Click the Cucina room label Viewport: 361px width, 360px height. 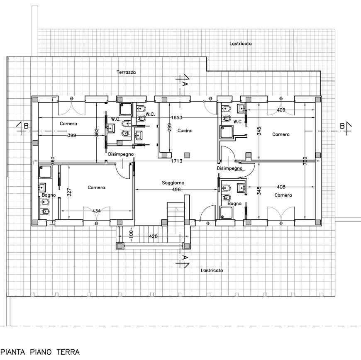pyautogui.click(x=185, y=131)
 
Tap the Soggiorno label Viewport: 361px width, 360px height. pyautogui.click(x=173, y=183)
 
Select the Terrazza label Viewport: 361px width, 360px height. pyautogui.click(x=126, y=72)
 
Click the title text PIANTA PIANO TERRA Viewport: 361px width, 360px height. pyautogui.click(x=40, y=352)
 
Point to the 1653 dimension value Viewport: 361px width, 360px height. pyautogui.click(x=177, y=118)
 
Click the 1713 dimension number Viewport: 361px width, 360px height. pyautogui.click(x=177, y=161)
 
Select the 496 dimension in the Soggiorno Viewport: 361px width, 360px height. pyautogui.click(x=176, y=190)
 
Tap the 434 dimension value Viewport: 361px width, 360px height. pyautogui.click(x=96, y=211)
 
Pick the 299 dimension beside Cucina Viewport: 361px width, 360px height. pyautogui.click(x=169, y=127)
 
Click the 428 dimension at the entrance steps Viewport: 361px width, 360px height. pyautogui.click(x=154, y=236)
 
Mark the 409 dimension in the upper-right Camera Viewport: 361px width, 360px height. pyautogui.click(x=281, y=110)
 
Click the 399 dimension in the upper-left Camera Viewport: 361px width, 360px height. pyautogui.click(x=72, y=135)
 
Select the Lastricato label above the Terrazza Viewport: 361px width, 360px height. pyautogui.click(x=241, y=44)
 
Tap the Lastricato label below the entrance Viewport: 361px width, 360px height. pyautogui.click(x=212, y=270)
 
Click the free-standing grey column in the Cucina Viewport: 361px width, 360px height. pyautogui.click(x=187, y=155)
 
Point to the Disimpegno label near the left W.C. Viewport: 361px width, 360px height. pyautogui.click(x=121, y=154)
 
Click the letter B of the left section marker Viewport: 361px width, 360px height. pyautogui.click(x=26, y=126)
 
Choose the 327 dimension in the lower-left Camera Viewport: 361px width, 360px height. pyautogui.click(x=69, y=192)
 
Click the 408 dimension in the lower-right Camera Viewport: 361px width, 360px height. pyautogui.click(x=281, y=187)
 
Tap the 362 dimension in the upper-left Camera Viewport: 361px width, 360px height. pyautogui.click(x=97, y=133)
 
